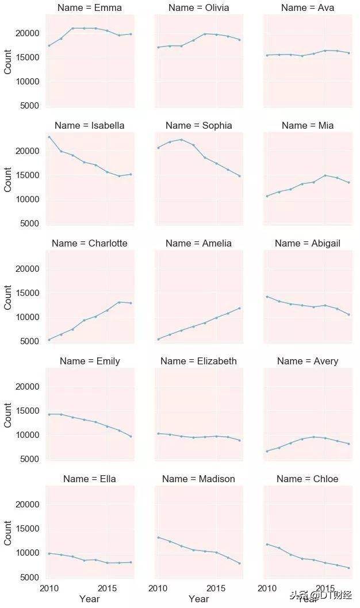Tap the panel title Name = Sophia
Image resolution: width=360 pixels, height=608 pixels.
(x=198, y=126)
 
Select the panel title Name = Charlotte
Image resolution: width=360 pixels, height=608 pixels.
(x=89, y=244)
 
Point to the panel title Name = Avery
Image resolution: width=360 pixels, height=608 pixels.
(x=307, y=361)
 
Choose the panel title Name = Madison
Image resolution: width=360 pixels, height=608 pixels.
(x=198, y=479)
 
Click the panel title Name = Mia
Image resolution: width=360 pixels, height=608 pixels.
(x=307, y=126)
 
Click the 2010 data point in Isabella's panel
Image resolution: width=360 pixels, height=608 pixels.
(x=49, y=137)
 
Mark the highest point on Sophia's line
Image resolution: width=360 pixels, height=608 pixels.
(x=181, y=140)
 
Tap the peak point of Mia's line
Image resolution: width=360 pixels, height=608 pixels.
(x=325, y=175)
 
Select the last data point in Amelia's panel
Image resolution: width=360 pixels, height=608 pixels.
(x=239, y=308)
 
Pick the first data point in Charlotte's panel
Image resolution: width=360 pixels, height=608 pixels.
(x=49, y=340)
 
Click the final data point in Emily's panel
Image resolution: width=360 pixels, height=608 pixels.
(x=131, y=436)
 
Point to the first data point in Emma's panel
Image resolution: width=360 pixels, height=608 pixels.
(x=49, y=46)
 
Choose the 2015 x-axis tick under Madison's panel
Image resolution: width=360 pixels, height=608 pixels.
(x=216, y=588)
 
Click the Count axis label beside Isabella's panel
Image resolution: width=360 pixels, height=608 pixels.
(x=8, y=179)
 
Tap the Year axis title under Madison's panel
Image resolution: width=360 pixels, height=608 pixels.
(x=198, y=599)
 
